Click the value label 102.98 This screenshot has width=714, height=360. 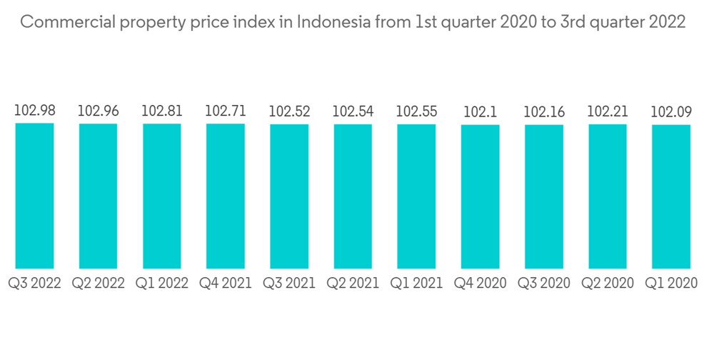click(x=34, y=111)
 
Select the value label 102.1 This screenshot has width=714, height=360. click(x=480, y=111)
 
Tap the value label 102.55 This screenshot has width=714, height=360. click(x=416, y=111)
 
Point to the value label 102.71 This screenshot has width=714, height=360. click(x=226, y=111)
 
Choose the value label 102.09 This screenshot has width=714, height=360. click(x=671, y=111)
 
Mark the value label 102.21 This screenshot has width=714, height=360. click(x=608, y=111)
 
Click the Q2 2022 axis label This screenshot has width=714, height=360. click(x=98, y=284)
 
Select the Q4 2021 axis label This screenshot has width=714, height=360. click(x=226, y=284)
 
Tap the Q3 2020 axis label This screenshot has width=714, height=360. click(x=544, y=284)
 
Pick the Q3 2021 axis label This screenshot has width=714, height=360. click(x=289, y=284)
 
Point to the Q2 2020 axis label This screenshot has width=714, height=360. click(x=608, y=284)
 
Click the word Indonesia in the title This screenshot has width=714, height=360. click(x=333, y=22)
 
